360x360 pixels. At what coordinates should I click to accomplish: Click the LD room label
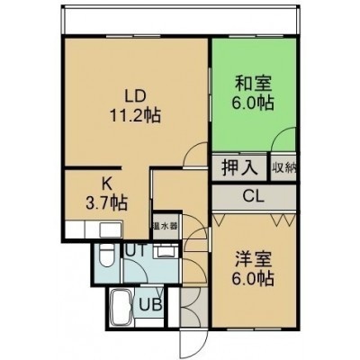[x=135, y=96]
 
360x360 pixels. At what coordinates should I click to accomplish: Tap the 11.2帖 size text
[x=135, y=115]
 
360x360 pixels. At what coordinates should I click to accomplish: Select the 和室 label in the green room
[x=253, y=84]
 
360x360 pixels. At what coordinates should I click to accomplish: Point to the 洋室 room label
[x=253, y=259]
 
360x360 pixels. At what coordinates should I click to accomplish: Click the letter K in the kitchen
[x=106, y=184]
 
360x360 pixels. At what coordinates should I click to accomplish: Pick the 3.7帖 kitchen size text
[x=107, y=202]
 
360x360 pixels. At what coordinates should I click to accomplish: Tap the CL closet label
[x=254, y=197]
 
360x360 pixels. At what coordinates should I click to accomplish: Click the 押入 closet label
[x=239, y=167]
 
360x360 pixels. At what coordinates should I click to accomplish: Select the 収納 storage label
[x=284, y=167]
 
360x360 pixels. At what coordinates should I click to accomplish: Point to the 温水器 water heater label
[x=166, y=226]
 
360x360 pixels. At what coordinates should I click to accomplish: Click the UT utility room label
[x=136, y=250]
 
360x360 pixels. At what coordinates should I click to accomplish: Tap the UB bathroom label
[x=151, y=305]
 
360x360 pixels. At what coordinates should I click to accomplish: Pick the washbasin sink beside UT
[x=165, y=252]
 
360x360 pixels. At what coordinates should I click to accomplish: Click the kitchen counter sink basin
[x=111, y=230]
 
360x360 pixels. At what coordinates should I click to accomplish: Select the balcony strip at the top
[x=181, y=20]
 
